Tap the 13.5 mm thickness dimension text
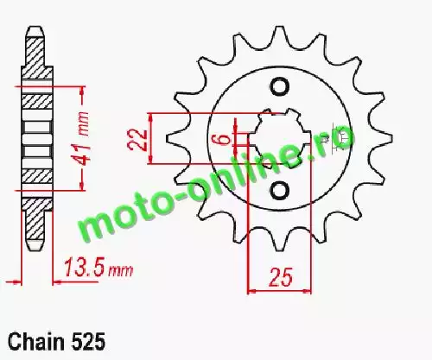[x=98, y=268]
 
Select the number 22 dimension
[x=137, y=140]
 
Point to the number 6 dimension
[x=225, y=140]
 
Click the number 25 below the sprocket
[x=280, y=277]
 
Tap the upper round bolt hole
[x=279, y=86]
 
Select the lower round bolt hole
[x=279, y=190]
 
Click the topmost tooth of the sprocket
[x=278, y=36]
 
